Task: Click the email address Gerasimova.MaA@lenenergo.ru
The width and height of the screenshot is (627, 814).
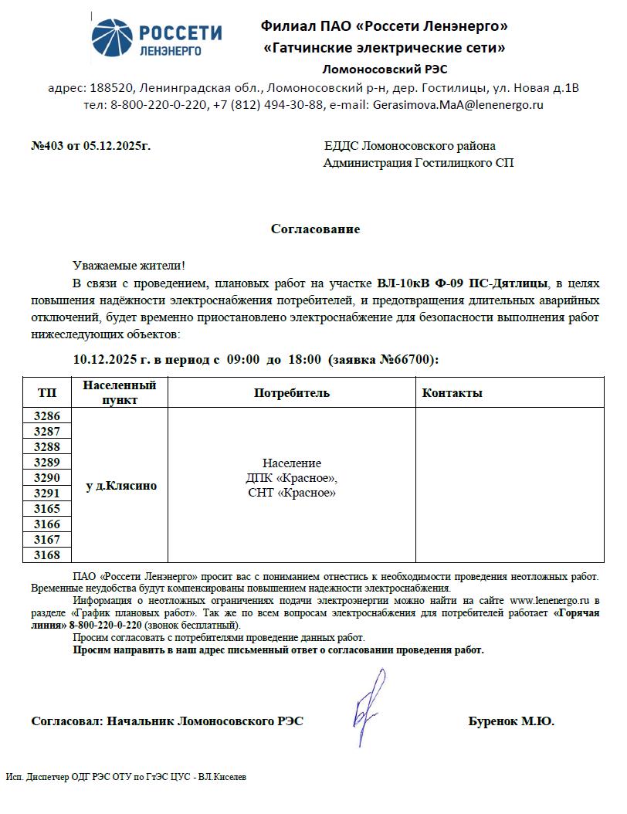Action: point(458,104)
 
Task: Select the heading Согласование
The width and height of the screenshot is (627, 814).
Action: point(315,229)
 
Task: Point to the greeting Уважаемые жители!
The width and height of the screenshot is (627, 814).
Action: point(129,265)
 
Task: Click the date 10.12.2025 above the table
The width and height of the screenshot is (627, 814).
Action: point(111,359)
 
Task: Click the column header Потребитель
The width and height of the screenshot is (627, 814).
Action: point(292,393)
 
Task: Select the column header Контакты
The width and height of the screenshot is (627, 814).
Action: point(452,393)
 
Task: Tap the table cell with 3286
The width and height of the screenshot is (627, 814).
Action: point(47,415)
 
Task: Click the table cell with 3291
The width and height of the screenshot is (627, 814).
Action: point(47,493)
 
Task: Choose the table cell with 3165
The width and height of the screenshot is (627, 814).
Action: point(47,509)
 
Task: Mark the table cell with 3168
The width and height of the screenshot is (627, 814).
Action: point(47,555)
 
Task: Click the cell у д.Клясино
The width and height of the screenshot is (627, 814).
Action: point(120,486)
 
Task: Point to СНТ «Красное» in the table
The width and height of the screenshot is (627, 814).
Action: point(292,493)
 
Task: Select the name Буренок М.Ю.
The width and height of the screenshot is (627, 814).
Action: point(510,721)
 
